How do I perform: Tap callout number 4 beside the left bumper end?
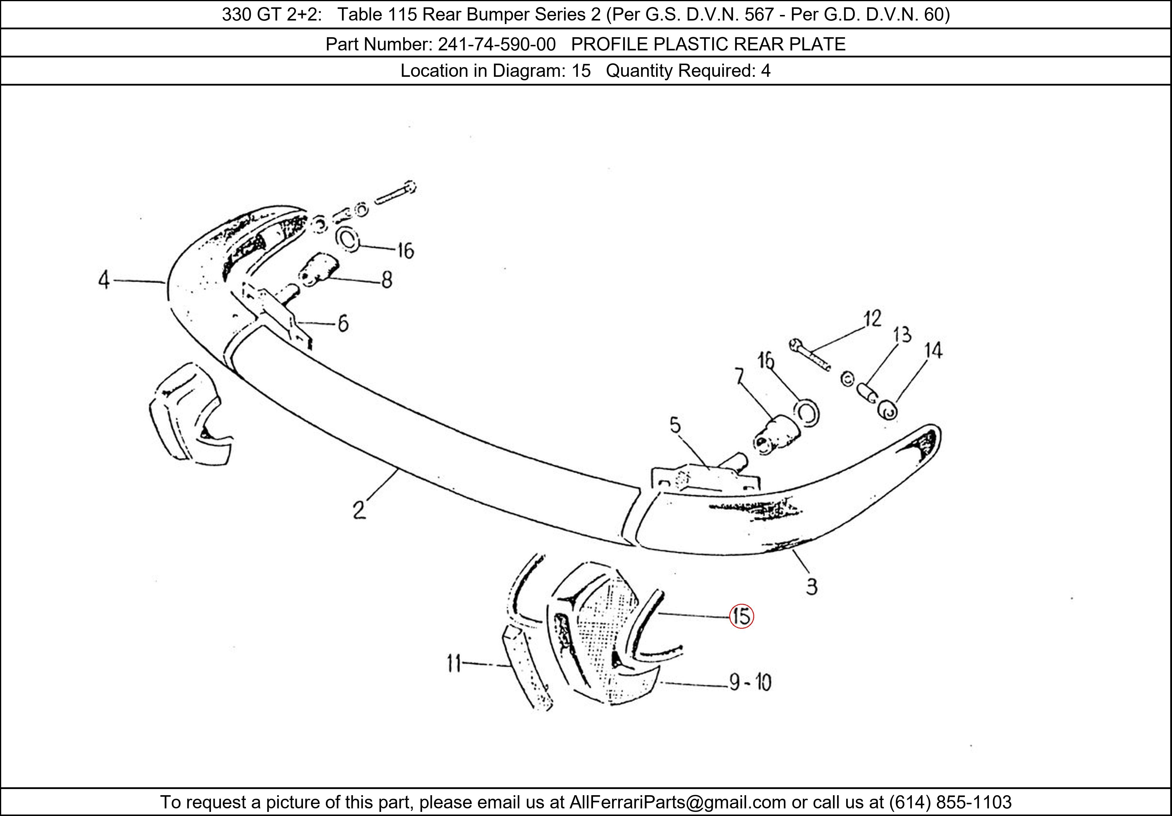coord(104,280)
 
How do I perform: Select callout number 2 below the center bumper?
coord(359,510)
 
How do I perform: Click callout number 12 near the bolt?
coord(872,319)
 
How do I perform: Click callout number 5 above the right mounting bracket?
coord(675,425)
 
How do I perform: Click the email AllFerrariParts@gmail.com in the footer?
coord(677,802)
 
